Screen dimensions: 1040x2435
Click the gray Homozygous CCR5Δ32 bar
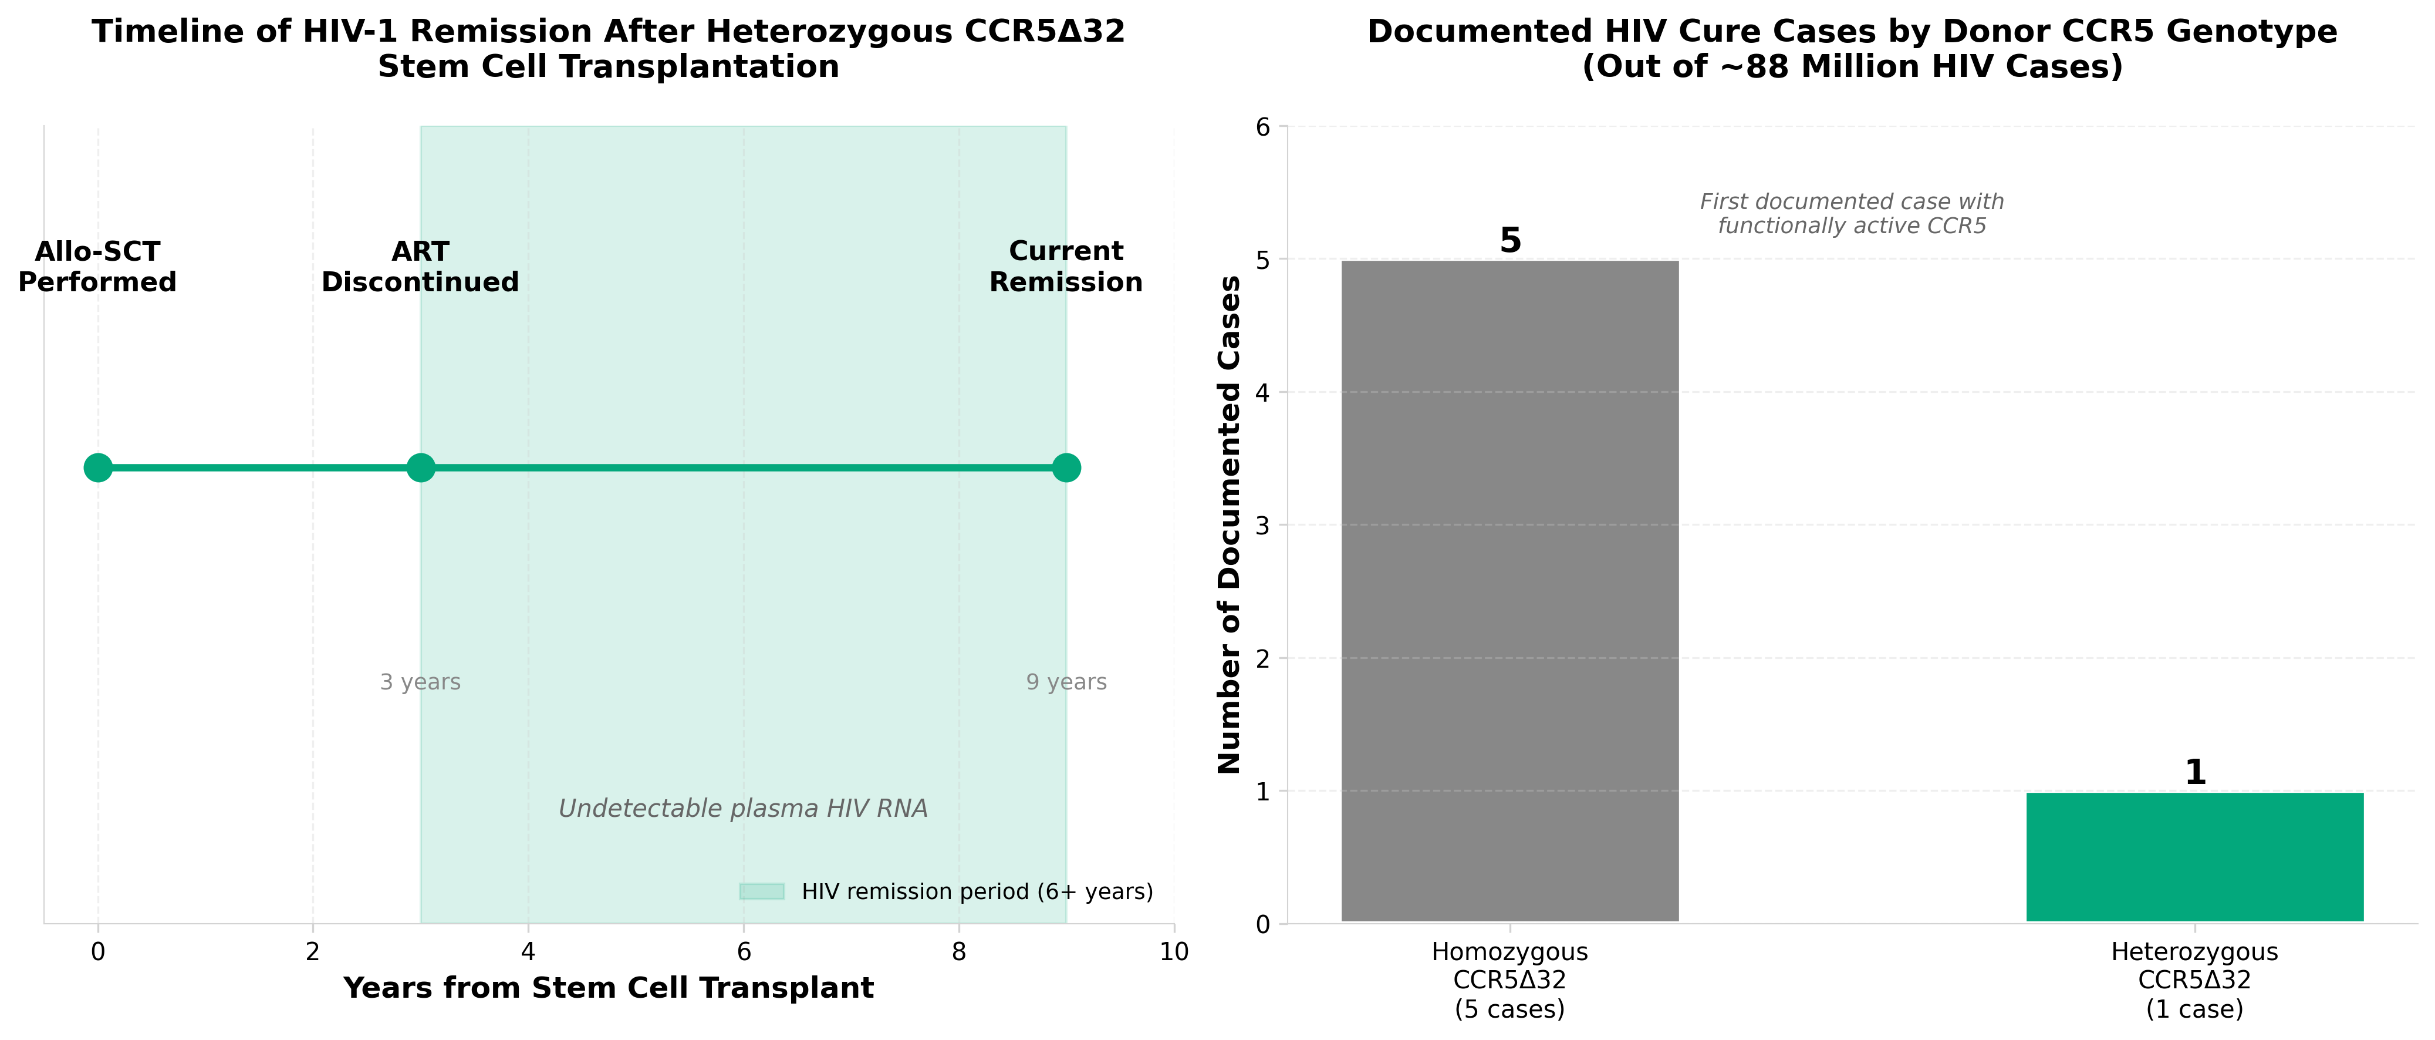[x=1509, y=591]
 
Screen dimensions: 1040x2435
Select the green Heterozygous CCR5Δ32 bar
[x=2194, y=857]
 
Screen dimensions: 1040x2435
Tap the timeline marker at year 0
[x=97, y=467]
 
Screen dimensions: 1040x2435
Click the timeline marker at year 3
[x=421, y=467]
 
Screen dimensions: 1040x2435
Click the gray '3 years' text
[x=421, y=682]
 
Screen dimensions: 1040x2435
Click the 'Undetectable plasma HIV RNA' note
[x=743, y=809]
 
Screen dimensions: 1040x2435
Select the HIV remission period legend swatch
[x=762, y=891]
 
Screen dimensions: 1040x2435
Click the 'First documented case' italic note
[x=1852, y=214]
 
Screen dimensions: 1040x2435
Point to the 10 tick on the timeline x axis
[x=1174, y=952]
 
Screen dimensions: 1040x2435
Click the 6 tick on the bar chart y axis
[x=1263, y=127]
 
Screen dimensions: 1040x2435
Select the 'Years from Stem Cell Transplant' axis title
[x=609, y=988]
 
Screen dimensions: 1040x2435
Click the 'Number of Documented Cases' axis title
[x=1229, y=525]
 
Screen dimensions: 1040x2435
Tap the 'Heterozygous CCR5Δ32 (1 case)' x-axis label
[x=2194, y=981]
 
